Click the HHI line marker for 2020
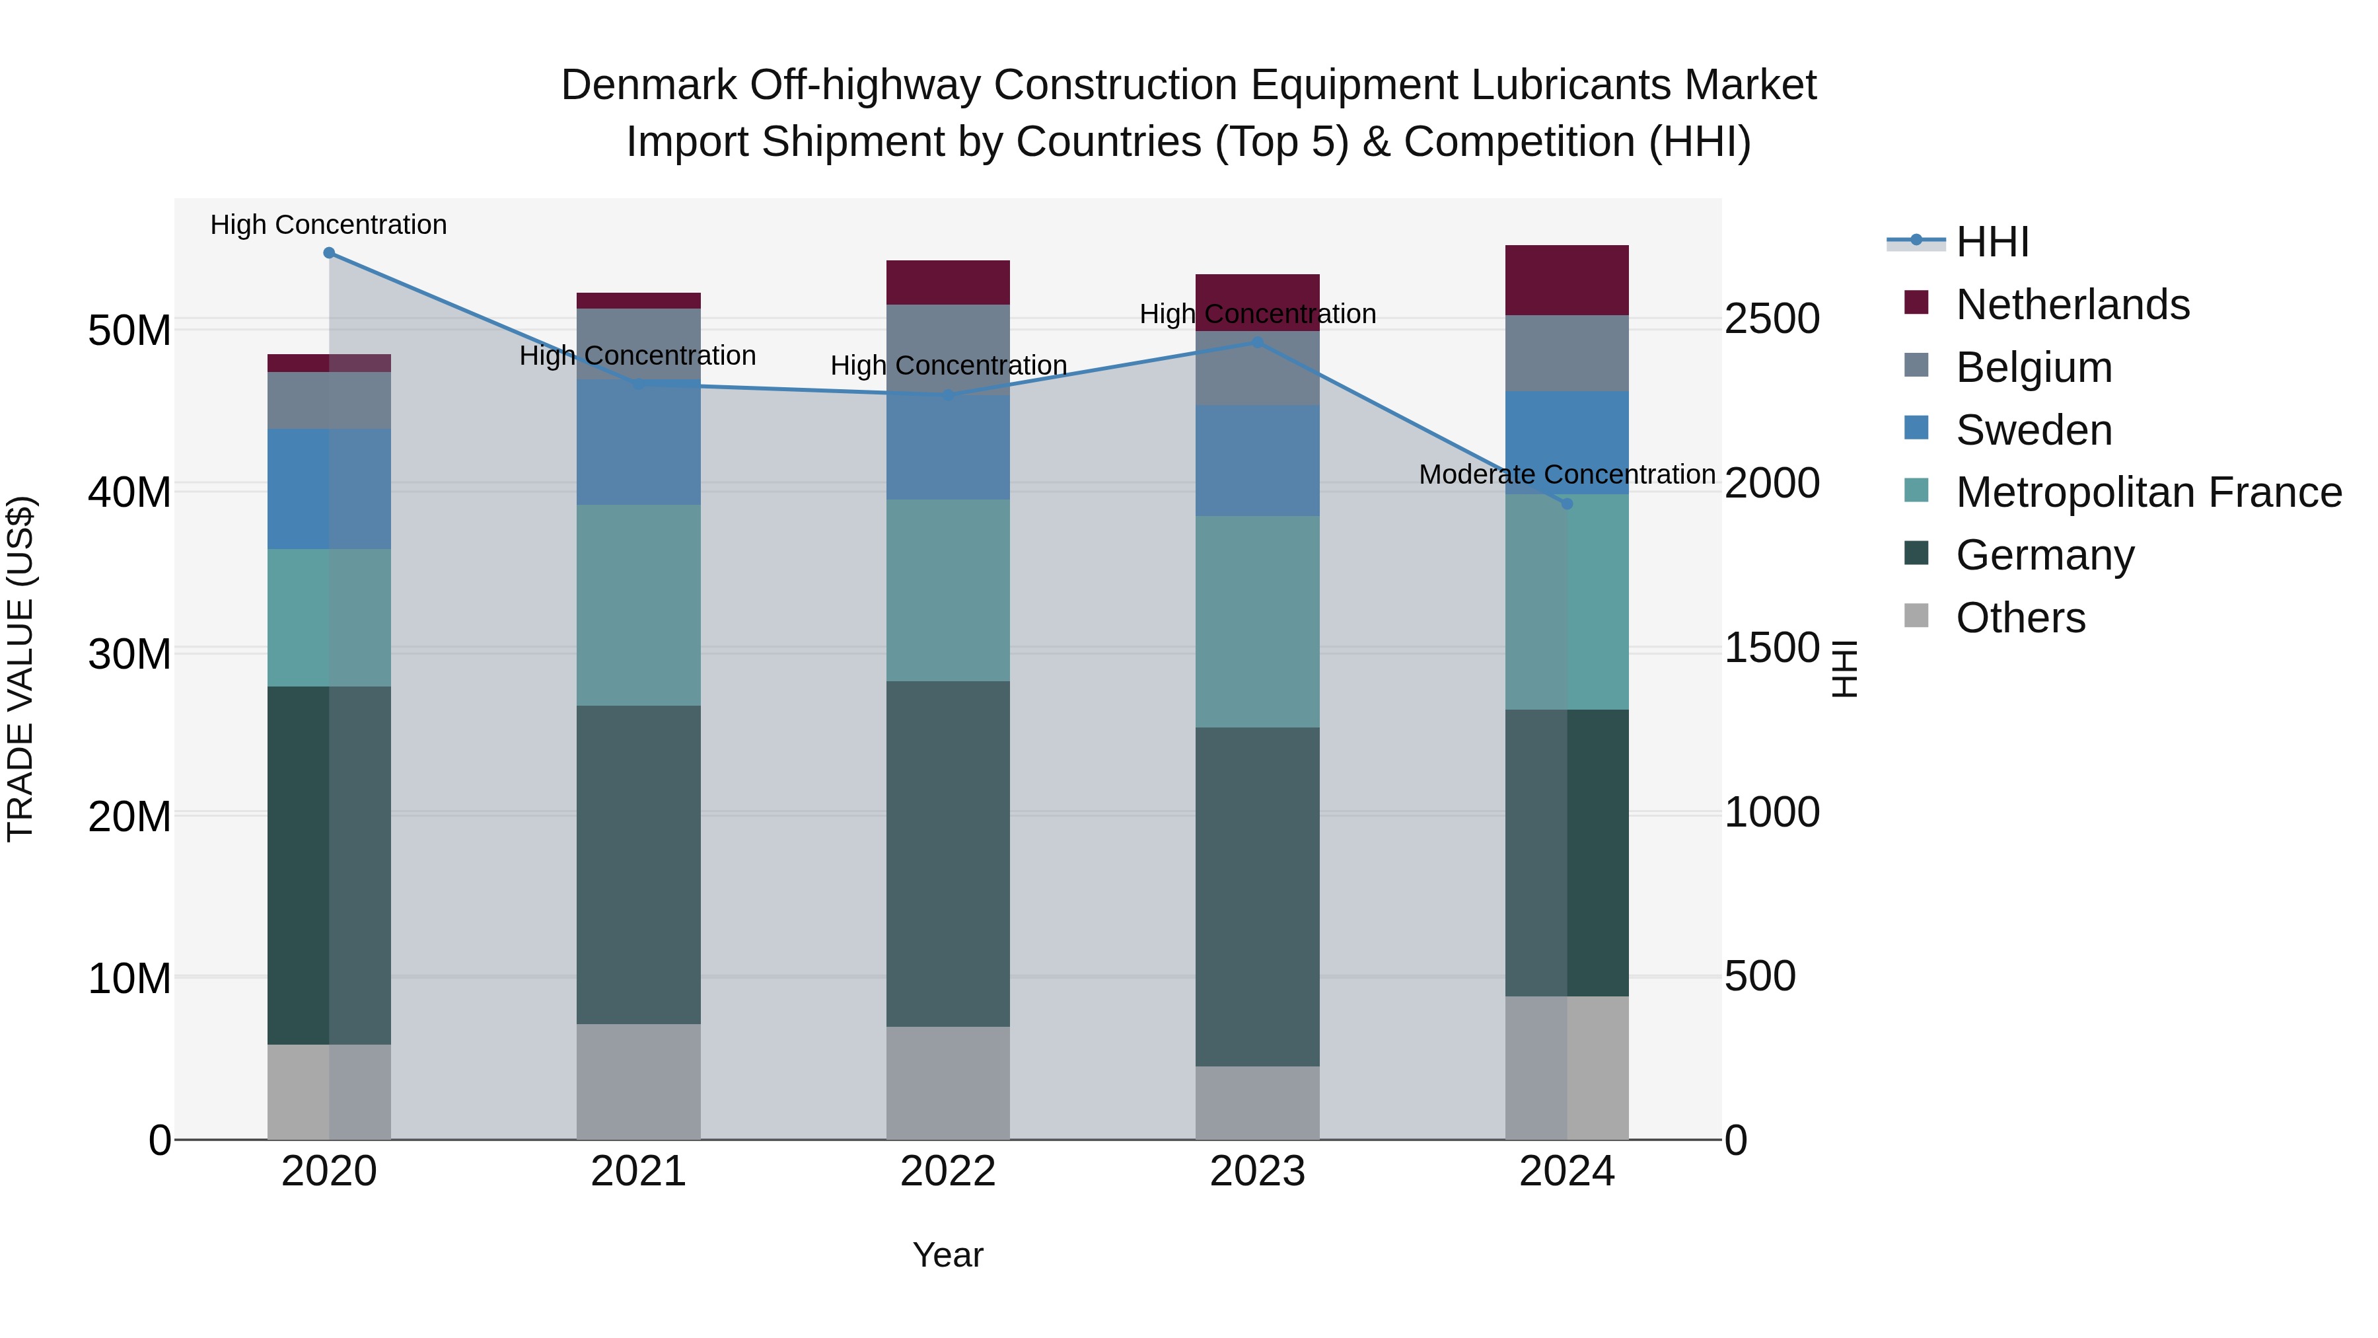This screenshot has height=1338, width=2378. coord(329,253)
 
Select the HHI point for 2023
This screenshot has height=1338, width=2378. coord(1257,342)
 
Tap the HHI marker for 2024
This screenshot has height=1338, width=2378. coord(1567,503)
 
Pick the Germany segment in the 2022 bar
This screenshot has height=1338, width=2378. coord(948,854)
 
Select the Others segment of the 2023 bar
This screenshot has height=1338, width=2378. coord(1257,1103)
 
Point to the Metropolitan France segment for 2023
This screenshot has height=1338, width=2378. coord(1257,622)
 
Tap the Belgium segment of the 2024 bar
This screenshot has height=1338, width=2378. coord(1567,353)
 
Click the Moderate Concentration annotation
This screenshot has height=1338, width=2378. coord(1567,474)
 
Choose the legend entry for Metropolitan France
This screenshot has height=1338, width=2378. coord(2148,492)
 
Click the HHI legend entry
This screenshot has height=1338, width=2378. coord(1992,242)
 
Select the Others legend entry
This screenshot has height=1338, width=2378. coord(2020,618)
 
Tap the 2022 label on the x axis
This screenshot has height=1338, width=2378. coord(948,1171)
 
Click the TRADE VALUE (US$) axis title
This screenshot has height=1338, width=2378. coord(20,669)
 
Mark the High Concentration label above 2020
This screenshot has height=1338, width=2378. coord(329,225)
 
